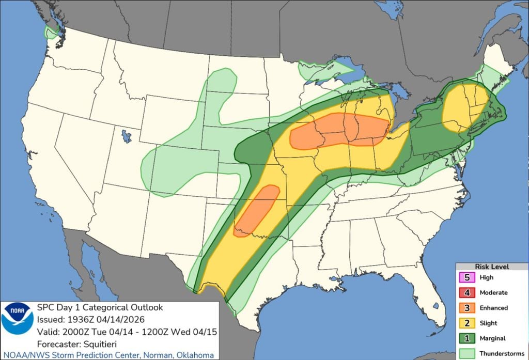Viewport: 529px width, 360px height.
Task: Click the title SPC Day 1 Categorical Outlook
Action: [x=99, y=307]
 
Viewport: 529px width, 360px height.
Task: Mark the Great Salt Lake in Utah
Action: [x=125, y=137]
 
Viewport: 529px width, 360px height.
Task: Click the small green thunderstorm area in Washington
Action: [x=50, y=33]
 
